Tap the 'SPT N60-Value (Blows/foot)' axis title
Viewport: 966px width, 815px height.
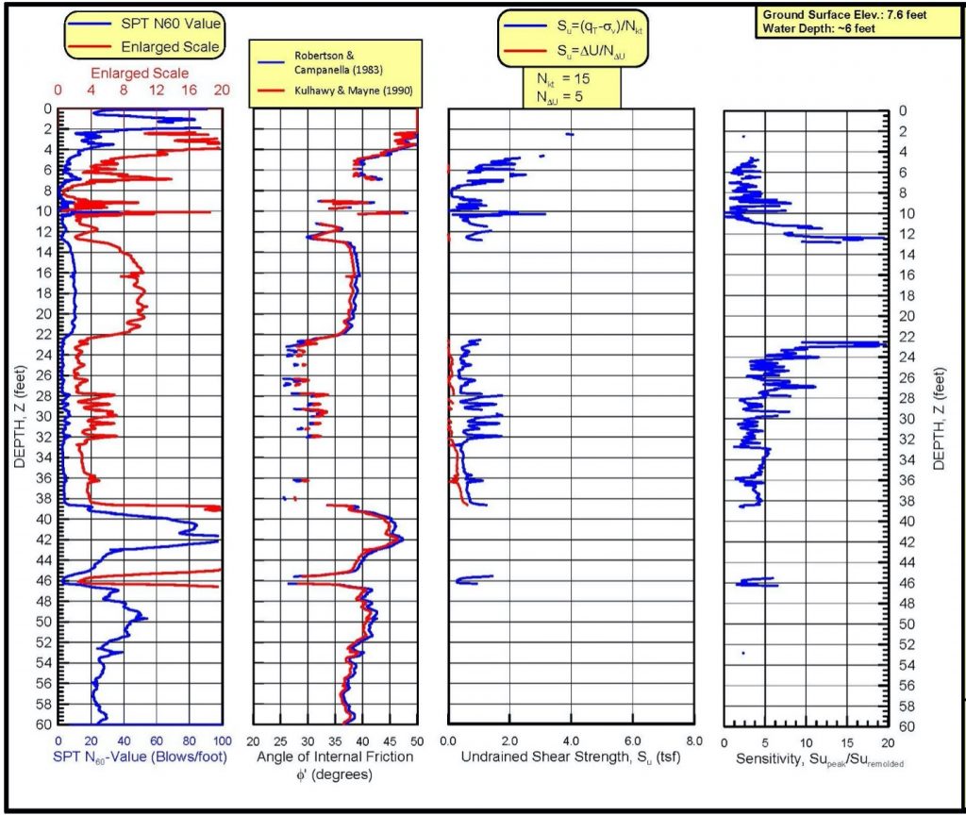pos(142,757)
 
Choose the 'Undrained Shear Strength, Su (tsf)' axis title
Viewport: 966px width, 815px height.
pos(570,757)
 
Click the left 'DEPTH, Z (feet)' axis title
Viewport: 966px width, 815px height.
pos(21,416)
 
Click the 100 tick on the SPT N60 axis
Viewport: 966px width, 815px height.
pos(223,740)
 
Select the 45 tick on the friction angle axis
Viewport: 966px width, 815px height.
pos(390,740)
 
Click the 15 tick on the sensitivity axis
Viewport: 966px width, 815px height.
pos(846,740)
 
